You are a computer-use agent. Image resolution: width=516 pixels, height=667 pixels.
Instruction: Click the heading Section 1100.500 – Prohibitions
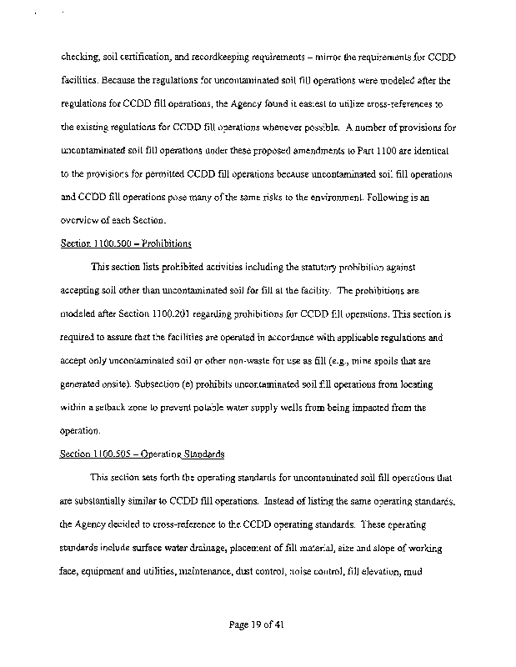point(126,243)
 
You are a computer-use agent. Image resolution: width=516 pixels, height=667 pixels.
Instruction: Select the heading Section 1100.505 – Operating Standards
point(143,454)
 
